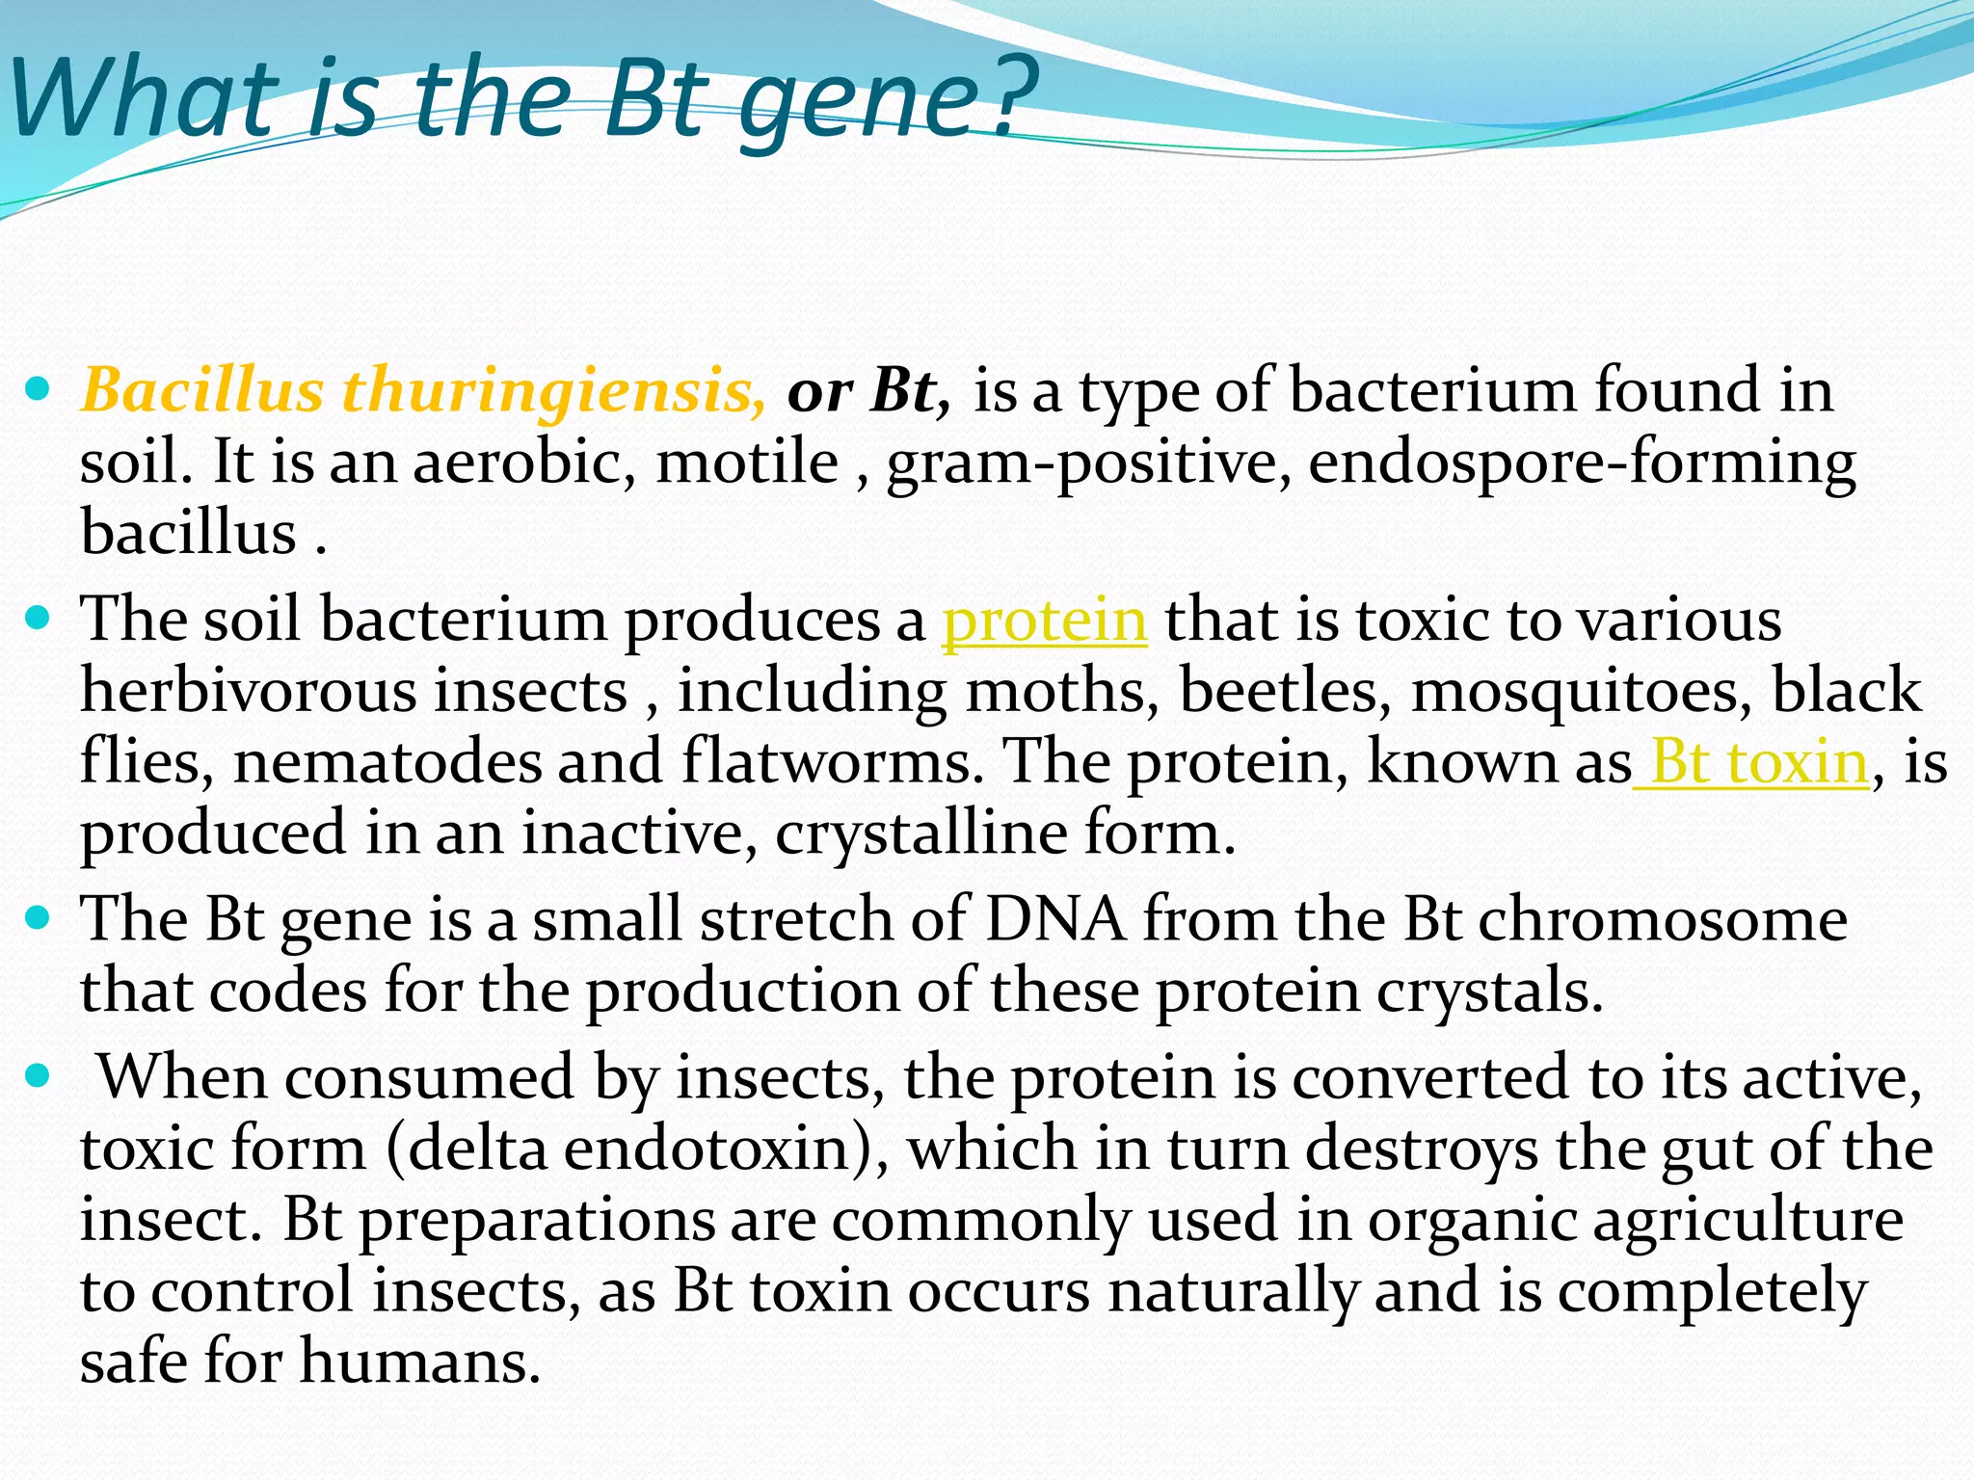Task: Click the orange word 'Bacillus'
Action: [202, 391]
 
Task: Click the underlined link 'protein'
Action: [1044, 620]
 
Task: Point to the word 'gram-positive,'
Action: [1088, 463]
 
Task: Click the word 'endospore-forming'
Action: [1581, 463]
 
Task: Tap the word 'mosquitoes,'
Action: [1581, 692]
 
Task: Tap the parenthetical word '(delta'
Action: [467, 1149]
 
